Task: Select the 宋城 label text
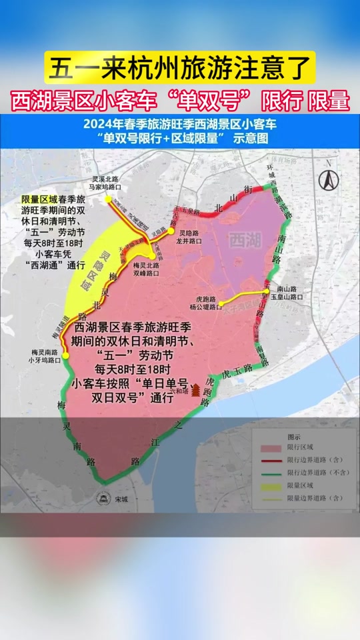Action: click(x=121, y=499)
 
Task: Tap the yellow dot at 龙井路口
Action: click(x=171, y=231)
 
